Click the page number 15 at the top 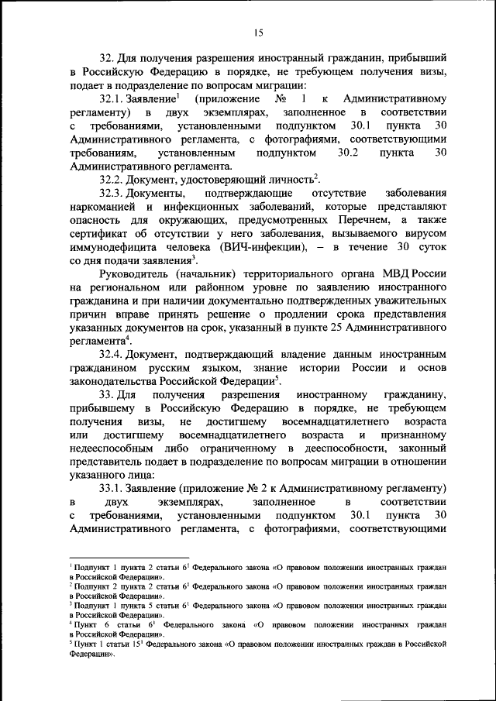click(258, 32)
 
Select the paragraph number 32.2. click(112, 178)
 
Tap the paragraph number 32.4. click(112, 353)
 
